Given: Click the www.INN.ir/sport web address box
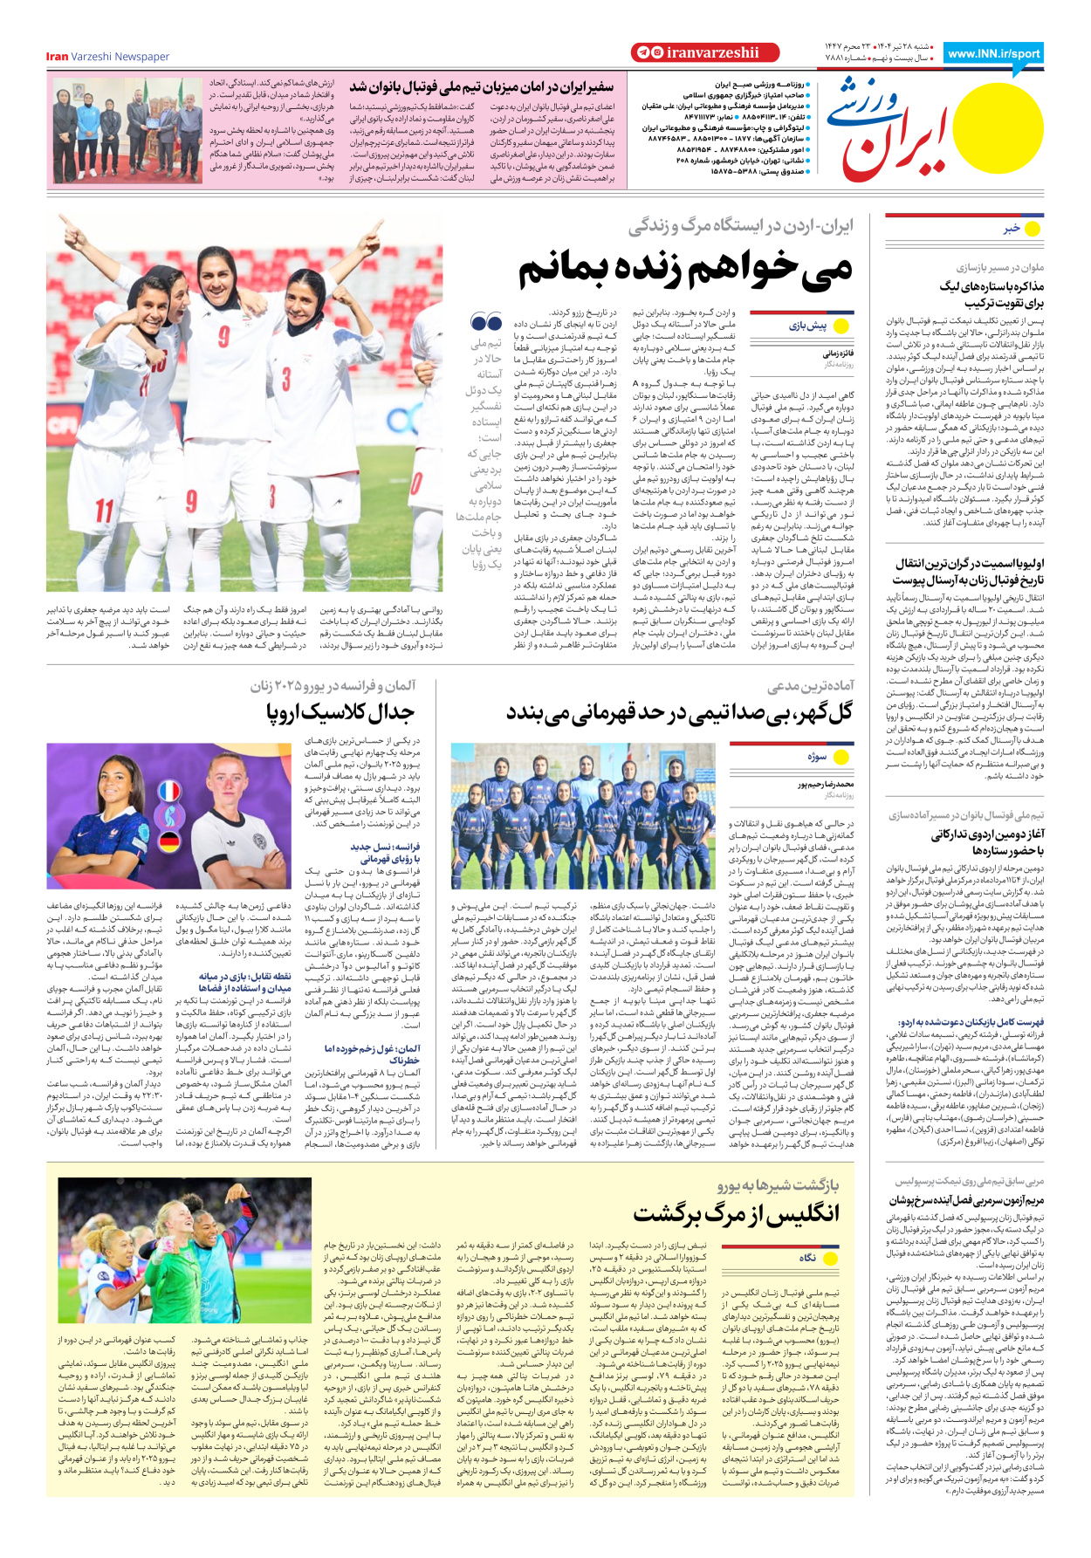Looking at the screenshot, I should coord(993,53).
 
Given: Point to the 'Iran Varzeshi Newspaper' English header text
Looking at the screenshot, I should coord(107,57).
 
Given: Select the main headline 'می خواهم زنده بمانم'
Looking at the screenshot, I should coord(685,271).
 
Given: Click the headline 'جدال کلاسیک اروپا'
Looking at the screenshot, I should coord(341,713).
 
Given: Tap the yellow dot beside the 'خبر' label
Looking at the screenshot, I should coord(1033,229).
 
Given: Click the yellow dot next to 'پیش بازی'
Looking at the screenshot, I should coord(841,326).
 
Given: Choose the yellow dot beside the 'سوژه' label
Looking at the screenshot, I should coord(841,757).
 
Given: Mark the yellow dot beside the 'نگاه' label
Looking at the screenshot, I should coord(841,1257).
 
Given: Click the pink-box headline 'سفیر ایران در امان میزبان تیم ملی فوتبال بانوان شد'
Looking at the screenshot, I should coord(482,87).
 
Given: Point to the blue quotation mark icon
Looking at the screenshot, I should coord(486,324).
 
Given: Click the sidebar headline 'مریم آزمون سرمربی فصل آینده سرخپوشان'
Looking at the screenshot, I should coord(966,1201).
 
